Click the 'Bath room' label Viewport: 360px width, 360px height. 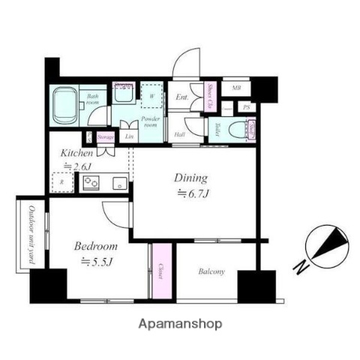(x=94, y=99)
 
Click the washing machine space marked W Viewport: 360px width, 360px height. (x=151, y=97)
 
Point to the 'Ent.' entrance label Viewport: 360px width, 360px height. (x=182, y=97)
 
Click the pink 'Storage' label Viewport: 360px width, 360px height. (x=105, y=137)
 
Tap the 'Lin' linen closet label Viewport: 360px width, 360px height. (x=130, y=136)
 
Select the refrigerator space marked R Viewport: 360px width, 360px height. (x=61, y=182)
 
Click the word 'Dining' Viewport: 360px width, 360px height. (x=190, y=178)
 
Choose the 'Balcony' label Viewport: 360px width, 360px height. (x=211, y=271)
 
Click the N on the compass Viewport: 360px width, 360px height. (x=299, y=265)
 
